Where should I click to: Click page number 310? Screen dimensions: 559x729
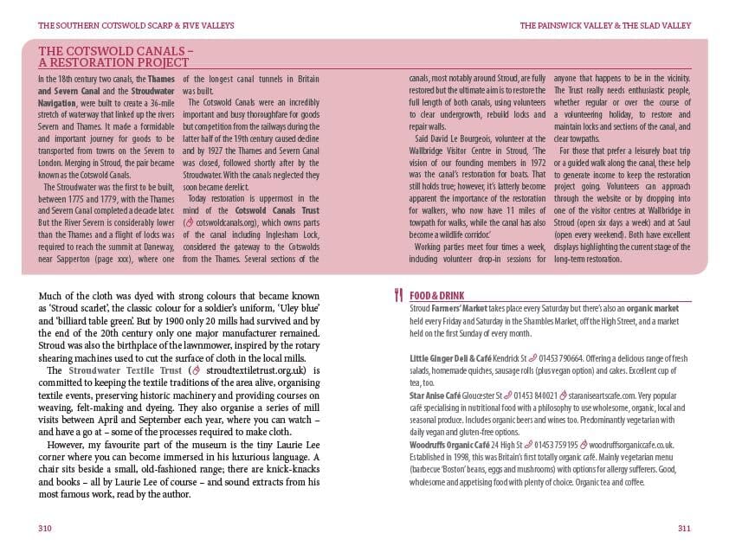tap(45, 528)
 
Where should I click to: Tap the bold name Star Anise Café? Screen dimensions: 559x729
tap(435, 395)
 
